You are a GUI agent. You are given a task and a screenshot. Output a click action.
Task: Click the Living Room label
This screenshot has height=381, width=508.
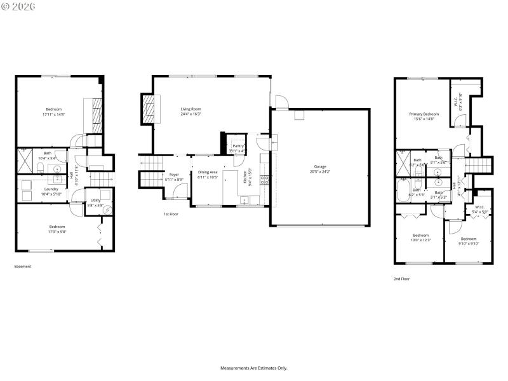(x=190, y=109)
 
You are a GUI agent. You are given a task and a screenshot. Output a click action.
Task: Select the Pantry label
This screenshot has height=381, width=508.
(x=237, y=145)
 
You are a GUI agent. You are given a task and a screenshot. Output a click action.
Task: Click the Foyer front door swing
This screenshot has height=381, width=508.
(x=178, y=193)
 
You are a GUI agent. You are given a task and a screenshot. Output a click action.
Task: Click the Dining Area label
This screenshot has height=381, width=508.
(x=208, y=172)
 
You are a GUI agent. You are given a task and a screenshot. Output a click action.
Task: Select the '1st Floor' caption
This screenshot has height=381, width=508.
(x=171, y=215)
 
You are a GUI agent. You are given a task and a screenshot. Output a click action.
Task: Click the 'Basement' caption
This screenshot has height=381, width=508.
(x=22, y=267)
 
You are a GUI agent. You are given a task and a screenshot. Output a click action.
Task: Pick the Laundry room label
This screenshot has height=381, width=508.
(x=51, y=189)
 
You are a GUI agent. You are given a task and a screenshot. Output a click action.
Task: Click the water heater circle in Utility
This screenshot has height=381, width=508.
(x=107, y=211)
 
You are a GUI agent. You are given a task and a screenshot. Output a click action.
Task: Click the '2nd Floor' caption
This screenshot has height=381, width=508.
(x=401, y=279)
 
